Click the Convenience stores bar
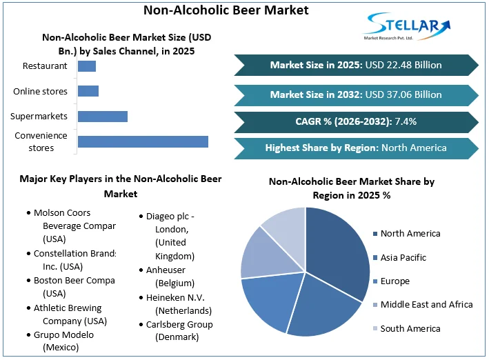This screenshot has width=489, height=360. [x=143, y=141]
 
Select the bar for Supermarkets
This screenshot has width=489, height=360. [x=103, y=116]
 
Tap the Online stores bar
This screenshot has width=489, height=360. [x=88, y=91]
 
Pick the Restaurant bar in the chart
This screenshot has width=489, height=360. [x=87, y=66]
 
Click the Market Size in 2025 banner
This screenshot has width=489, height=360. [x=356, y=65]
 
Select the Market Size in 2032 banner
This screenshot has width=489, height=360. [x=356, y=94]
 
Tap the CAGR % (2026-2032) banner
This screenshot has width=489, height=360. [x=356, y=121]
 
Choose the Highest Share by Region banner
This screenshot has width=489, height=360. [x=356, y=148]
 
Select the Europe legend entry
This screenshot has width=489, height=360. [x=395, y=281]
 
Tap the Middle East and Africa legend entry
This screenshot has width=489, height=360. [x=426, y=304]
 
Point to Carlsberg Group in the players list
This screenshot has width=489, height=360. [x=179, y=330]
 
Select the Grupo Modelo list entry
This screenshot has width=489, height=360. [x=63, y=341]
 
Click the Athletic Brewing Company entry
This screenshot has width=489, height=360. [x=68, y=314]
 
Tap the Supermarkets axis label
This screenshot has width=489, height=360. [x=39, y=116]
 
